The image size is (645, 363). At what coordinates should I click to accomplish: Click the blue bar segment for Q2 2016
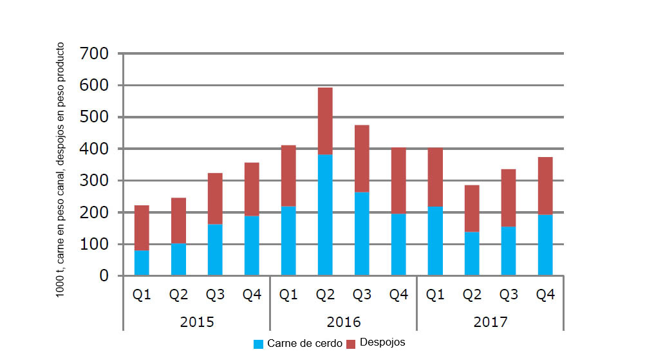pyautogui.click(x=325, y=215)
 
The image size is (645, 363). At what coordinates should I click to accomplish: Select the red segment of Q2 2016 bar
pyautogui.click(x=325, y=121)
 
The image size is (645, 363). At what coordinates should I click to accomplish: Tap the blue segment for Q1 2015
pyautogui.click(x=142, y=263)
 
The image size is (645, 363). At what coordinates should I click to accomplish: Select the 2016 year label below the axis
pyautogui.click(x=343, y=322)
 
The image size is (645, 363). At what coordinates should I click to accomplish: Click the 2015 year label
pyautogui.click(x=196, y=322)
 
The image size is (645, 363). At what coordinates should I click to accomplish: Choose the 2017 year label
pyautogui.click(x=490, y=322)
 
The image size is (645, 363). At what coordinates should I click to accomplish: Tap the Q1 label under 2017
pyautogui.click(x=435, y=295)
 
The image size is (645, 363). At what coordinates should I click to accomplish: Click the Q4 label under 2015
pyautogui.click(x=252, y=295)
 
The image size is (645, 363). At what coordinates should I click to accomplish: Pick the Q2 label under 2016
pyautogui.click(x=325, y=295)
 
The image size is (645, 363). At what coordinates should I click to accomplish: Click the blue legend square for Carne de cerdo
pyautogui.click(x=259, y=344)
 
